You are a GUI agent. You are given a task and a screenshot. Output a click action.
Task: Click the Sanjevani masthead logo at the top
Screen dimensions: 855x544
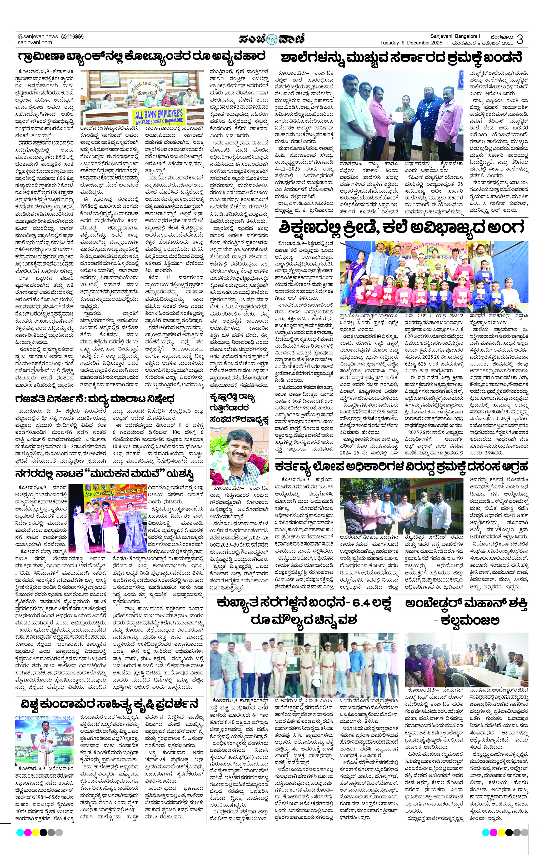pos(272,39)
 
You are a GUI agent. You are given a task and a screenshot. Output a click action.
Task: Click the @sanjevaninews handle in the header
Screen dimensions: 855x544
pos(38,36)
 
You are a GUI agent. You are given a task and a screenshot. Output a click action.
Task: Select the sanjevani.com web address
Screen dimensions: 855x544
pos(35,42)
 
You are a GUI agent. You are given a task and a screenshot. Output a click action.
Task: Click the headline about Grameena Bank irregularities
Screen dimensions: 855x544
pos(142,57)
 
